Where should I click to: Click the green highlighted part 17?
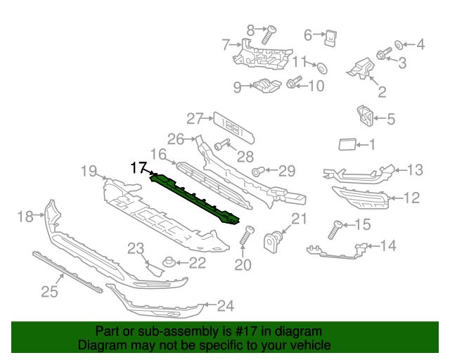click(194, 199)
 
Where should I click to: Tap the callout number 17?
click(139, 167)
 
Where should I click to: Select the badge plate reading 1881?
click(234, 128)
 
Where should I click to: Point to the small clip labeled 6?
click(330, 38)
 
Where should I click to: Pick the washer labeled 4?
click(399, 45)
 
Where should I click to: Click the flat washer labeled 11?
click(323, 68)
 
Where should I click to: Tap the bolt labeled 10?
click(294, 82)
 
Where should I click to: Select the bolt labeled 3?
click(384, 53)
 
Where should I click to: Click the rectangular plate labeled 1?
click(347, 144)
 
